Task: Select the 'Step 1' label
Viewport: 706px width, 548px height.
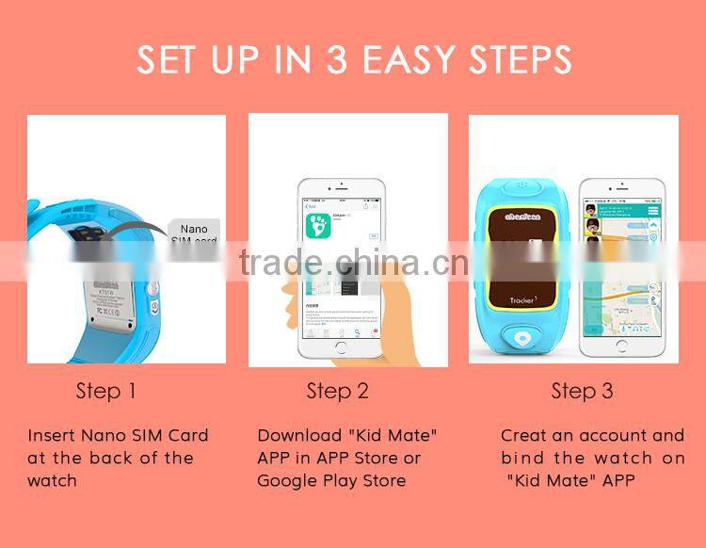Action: tap(105, 391)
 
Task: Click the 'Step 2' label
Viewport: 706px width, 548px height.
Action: tap(337, 391)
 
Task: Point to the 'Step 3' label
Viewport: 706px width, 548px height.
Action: tap(582, 391)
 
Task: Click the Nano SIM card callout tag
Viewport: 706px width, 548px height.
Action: tap(194, 234)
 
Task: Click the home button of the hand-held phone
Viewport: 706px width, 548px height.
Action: tap(340, 348)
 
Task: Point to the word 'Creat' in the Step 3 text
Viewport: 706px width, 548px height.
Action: tap(523, 436)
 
